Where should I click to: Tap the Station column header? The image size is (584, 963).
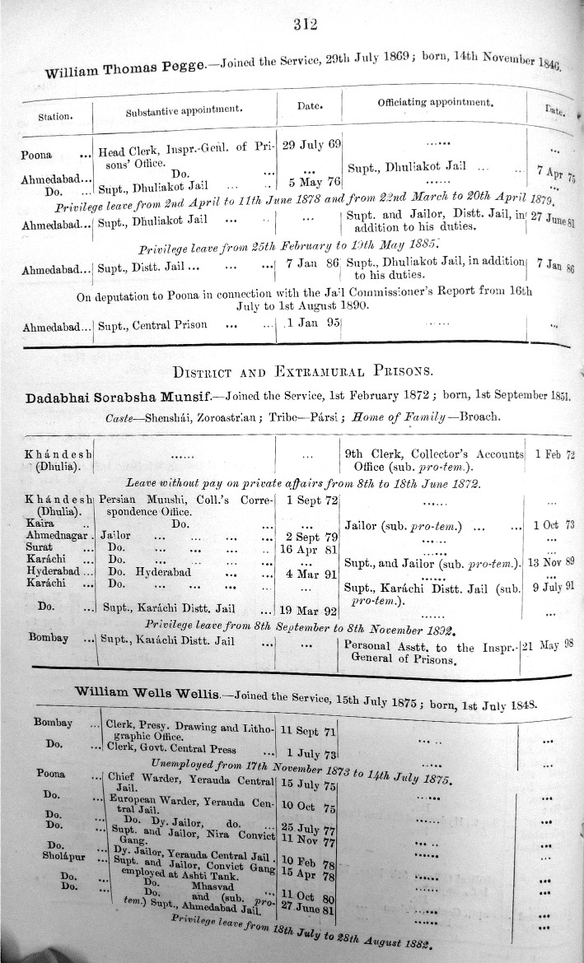point(56,116)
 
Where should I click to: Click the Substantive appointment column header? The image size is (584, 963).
point(183,110)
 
